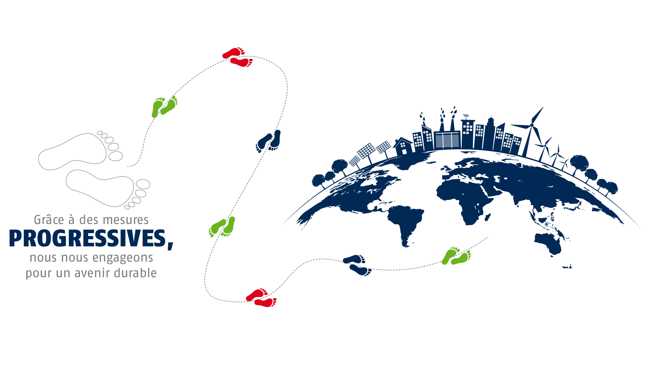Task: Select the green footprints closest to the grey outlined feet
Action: coord(165,106)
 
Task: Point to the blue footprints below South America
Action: coord(357,264)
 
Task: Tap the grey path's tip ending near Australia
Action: coord(489,237)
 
